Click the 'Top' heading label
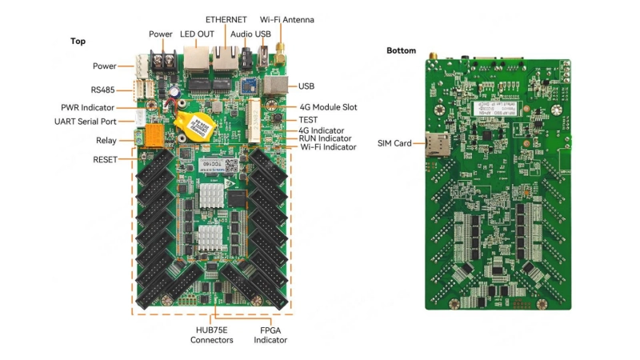(x=78, y=41)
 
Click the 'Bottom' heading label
(x=401, y=50)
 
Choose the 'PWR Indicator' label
(x=87, y=107)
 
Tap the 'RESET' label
(x=104, y=159)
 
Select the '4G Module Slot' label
(x=327, y=106)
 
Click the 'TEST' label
(x=308, y=119)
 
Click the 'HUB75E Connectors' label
(x=211, y=334)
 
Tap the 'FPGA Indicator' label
(x=270, y=334)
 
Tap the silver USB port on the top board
(x=276, y=86)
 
